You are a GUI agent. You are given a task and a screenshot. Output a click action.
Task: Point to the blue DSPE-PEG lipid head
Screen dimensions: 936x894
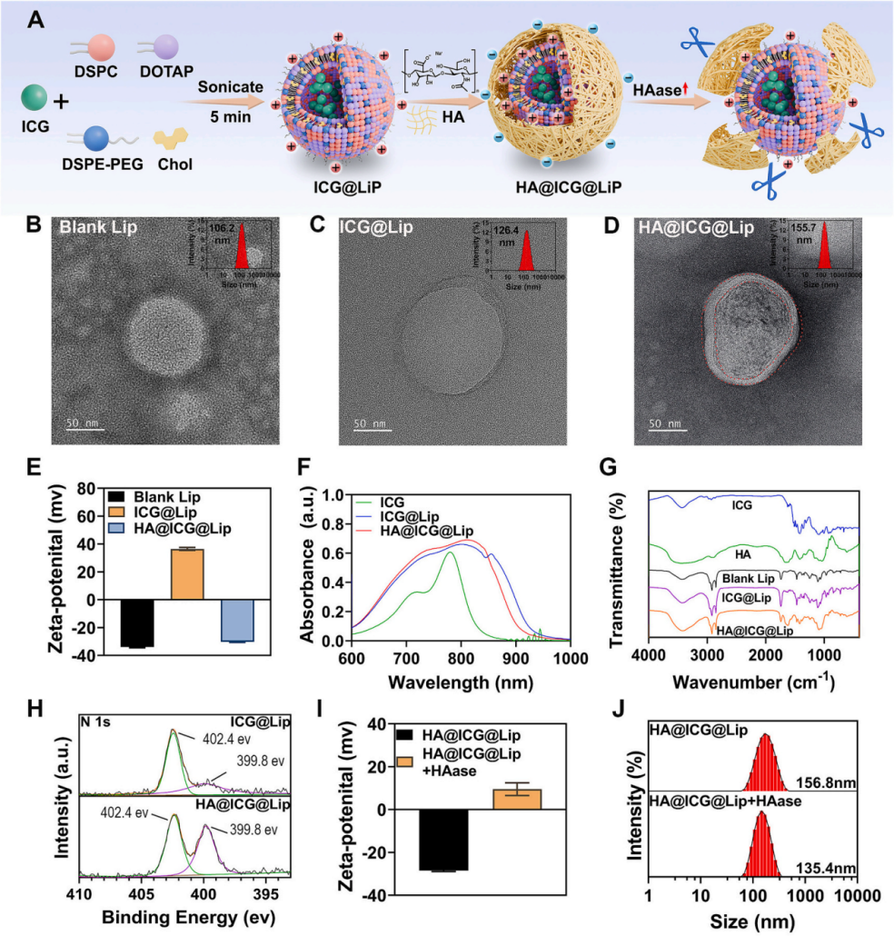pos(97,137)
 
